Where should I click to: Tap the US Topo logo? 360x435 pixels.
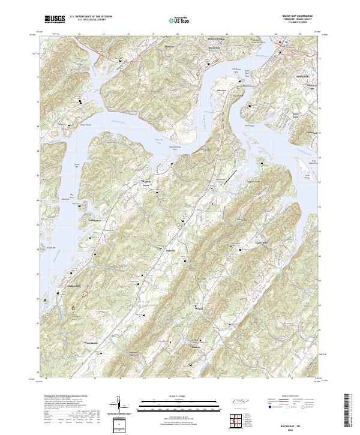[179, 20]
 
